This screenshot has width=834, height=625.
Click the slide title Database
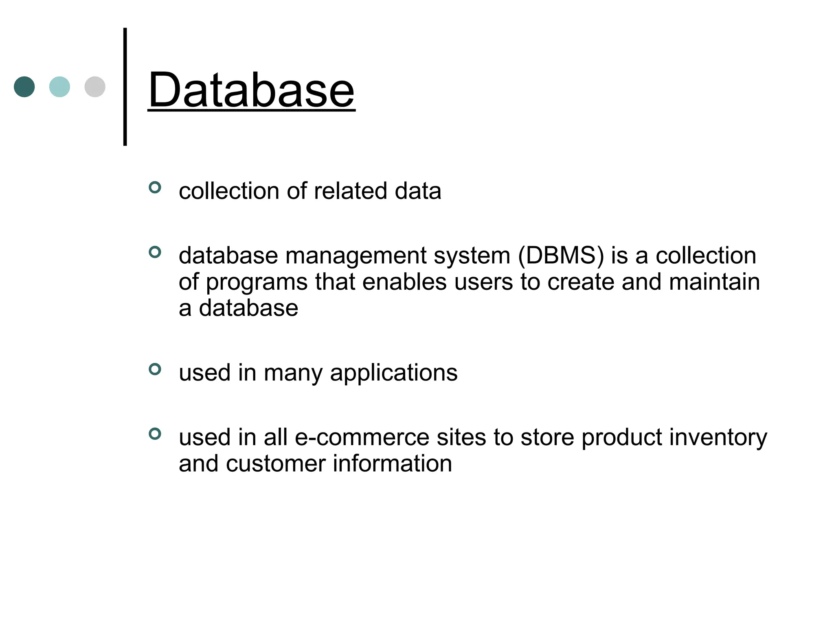[x=251, y=90]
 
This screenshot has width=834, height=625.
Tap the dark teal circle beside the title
[x=24, y=87]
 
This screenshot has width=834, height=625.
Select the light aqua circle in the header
[x=59, y=87]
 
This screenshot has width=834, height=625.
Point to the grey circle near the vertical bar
[x=95, y=87]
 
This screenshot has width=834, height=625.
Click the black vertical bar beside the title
[x=125, y=87]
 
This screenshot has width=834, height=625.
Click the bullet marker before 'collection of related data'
[x=155, y=187]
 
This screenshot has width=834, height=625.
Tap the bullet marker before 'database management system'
[x=155, y=252]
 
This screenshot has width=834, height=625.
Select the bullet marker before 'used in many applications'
[x=155, y=369]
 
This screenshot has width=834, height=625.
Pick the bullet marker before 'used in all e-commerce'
[x=155, y=434]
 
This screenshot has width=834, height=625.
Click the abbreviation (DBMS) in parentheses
[x=561, y=256]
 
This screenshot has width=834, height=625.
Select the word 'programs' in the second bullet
[x=257, y=283]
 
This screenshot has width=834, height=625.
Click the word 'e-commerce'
[x=362, y=437]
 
